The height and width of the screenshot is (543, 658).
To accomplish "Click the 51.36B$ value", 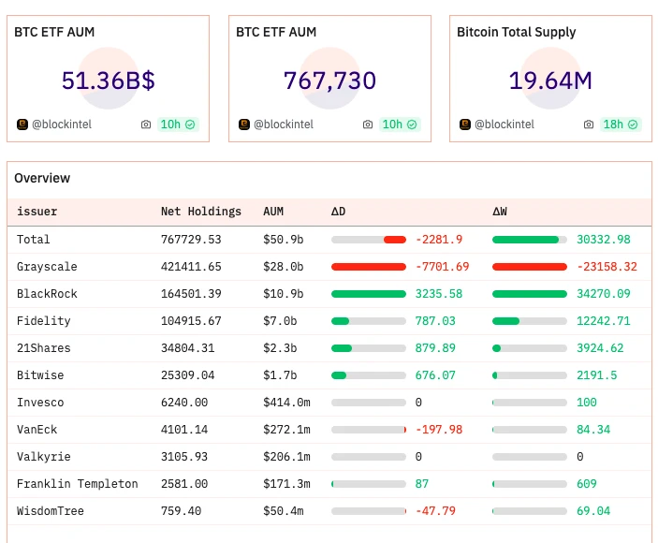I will click(108, 81).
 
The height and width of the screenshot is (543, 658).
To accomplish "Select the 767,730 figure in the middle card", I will click(329, 81).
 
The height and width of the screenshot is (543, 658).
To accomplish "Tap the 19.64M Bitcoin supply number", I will click(550, 81).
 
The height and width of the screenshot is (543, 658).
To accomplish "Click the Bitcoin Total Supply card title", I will click(516, 32).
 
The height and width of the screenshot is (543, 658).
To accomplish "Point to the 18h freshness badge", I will click(620, 125).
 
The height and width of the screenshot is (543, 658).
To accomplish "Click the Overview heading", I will click(42, 178).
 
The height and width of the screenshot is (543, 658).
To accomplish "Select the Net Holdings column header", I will click(200, 212).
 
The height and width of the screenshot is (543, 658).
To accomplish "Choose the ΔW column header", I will click(500, 212).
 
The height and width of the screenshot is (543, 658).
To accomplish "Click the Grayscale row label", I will click(47, 267).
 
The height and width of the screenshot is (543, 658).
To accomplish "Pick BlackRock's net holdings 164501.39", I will click(191, 294).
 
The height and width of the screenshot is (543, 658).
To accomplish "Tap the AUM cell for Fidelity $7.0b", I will click(279, 321).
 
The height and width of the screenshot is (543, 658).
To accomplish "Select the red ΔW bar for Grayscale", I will click(530, 267).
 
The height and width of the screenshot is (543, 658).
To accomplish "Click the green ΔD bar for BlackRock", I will click(369, 294).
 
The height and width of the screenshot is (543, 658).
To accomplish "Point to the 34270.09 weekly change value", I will click(603, 294).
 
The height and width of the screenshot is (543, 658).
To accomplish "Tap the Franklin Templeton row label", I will click(77, 484).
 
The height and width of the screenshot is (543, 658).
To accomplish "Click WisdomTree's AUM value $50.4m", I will click(283, 511).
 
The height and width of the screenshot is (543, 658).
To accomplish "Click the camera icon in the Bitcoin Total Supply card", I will click(589, 125).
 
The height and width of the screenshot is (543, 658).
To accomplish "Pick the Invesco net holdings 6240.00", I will click(184, 403).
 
